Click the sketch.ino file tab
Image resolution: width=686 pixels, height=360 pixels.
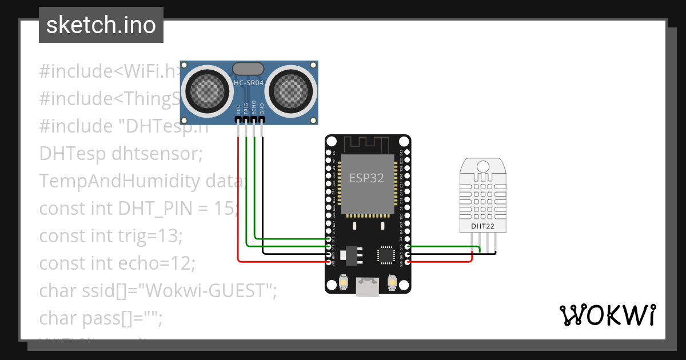coord(101,25)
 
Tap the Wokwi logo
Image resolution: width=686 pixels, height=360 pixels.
coord(607,315)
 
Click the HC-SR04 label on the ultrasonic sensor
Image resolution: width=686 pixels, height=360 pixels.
coord(249,83)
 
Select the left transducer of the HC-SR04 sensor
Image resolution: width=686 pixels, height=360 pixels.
coord(205,89)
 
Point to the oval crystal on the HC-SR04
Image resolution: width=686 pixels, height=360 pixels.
coord(249,69)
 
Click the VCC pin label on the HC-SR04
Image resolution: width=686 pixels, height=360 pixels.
coord(238,110)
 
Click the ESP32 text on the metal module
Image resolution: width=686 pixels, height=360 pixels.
coord(366,177)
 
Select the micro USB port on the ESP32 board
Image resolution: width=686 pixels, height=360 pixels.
coord(368,287)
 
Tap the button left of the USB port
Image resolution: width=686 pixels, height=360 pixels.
coord(344,282)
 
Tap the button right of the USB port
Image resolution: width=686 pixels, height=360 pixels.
coord(392,282)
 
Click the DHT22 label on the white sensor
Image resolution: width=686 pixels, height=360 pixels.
coord(483,226)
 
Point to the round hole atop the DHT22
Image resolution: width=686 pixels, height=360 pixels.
coord(483,166)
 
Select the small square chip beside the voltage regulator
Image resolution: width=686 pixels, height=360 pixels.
coord(385,255)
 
